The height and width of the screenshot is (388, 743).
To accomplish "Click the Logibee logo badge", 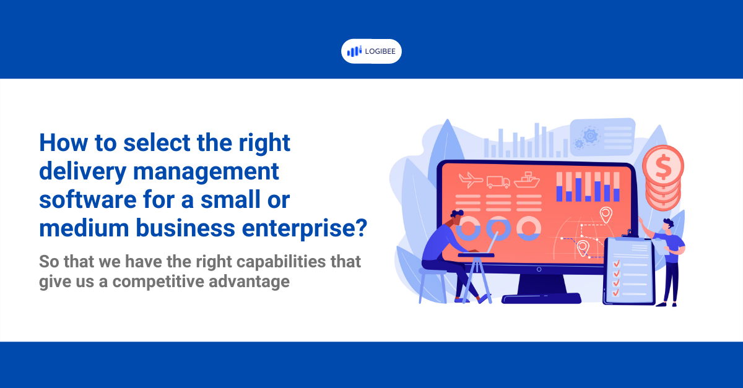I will pyautogui.click(x=371, y=51).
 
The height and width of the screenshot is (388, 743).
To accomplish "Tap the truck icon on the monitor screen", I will pyautogui.click(x=498, y=182).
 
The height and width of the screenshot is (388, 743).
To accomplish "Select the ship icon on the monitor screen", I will pyautogui.click(x=527, y=180).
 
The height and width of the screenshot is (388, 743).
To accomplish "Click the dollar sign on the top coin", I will pyautogui.click(x=663, y=165).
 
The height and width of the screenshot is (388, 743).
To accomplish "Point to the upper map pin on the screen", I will pyautogui.click(x=606, y=215).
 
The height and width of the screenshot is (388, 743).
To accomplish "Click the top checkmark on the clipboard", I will pyautogui.click(x=616, y=264).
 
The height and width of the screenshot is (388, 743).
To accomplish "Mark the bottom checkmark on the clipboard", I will pyautogui.click(x=616, y=293).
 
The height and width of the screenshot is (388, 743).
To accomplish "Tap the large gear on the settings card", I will pyautogui.click(x=591, y=135).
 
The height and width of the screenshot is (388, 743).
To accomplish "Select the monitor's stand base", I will pyautogui.click(x=541, y=299).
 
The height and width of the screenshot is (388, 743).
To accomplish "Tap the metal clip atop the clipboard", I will pyautogui.click(x=629, y=233).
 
